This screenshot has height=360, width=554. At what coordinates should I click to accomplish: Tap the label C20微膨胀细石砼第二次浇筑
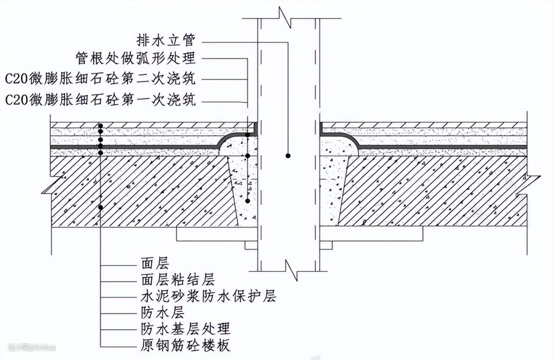[x=101, y=78]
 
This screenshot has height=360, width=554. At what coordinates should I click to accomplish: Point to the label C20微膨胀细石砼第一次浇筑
[x=101, y=98]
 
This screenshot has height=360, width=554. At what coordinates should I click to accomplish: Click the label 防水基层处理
[x=185, y=328]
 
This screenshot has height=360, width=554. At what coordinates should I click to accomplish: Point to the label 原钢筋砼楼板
[x=185, y=344]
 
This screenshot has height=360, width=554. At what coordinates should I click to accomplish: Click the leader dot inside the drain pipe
[x=289, y=155]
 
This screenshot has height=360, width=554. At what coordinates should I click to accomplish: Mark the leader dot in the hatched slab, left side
[x=101, y=207]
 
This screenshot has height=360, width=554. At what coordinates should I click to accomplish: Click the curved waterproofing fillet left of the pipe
[x=226, y=141]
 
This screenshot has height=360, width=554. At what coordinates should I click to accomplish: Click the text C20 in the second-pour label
[x=15, y=78]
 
